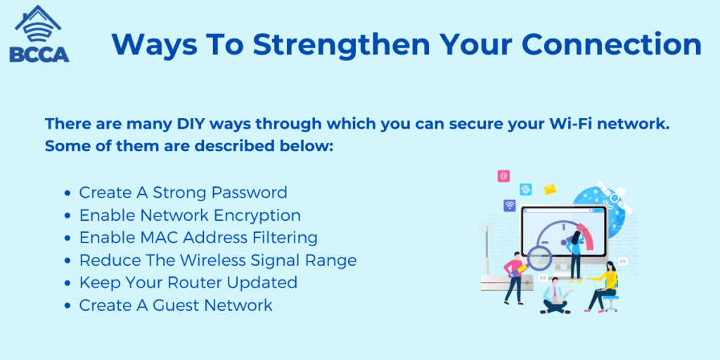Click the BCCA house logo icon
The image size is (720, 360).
click(x=39, y=33)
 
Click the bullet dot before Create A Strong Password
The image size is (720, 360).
click(x=67, y=193)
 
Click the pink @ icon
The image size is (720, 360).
click(x=503, y=176)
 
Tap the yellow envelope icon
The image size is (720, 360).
click(x=550, y=189)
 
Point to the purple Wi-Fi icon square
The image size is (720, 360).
click(x=510, y=205)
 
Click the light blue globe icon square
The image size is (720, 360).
click(x=526, y=189)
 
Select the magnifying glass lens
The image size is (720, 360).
click(x=539, y=258)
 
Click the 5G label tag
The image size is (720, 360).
click(x=543, y=278)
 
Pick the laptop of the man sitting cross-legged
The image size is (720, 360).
click(x=557, y=300)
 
